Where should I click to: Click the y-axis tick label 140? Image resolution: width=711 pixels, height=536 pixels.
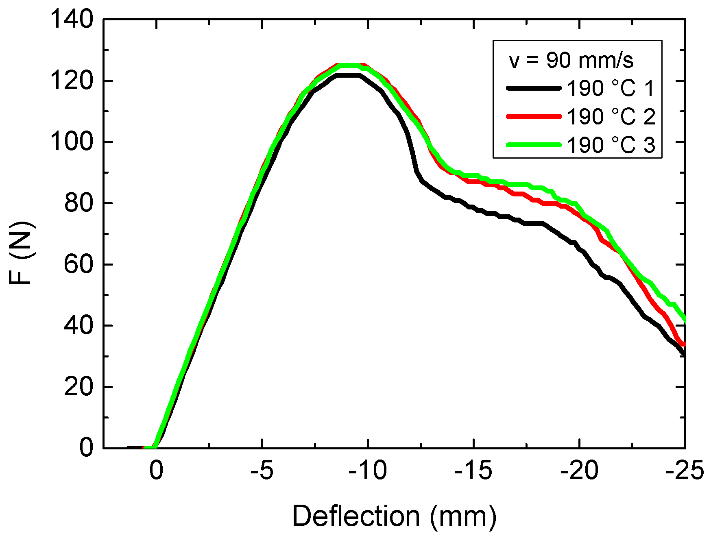[x=72, y=20]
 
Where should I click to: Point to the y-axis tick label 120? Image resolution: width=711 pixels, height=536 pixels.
[x=72, y=81]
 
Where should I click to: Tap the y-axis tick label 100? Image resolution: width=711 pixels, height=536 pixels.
[x=72, y=142]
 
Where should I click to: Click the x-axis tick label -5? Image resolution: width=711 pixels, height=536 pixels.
[x=262, y=471]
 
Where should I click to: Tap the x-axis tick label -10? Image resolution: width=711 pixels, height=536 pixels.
[x=367, y=471]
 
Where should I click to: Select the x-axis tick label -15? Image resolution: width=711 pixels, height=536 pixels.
[x=473, y=471]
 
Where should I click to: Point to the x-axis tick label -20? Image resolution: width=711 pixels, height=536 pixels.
[x=579, y=471]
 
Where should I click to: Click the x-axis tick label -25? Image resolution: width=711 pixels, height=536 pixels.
[x=685, y=471]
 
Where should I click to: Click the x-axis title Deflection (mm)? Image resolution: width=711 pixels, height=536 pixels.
[x=394, y=516]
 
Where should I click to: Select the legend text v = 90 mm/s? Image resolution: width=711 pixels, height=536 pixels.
[x=571, y=61]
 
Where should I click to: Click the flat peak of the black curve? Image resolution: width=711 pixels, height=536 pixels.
[x=348, y=75]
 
